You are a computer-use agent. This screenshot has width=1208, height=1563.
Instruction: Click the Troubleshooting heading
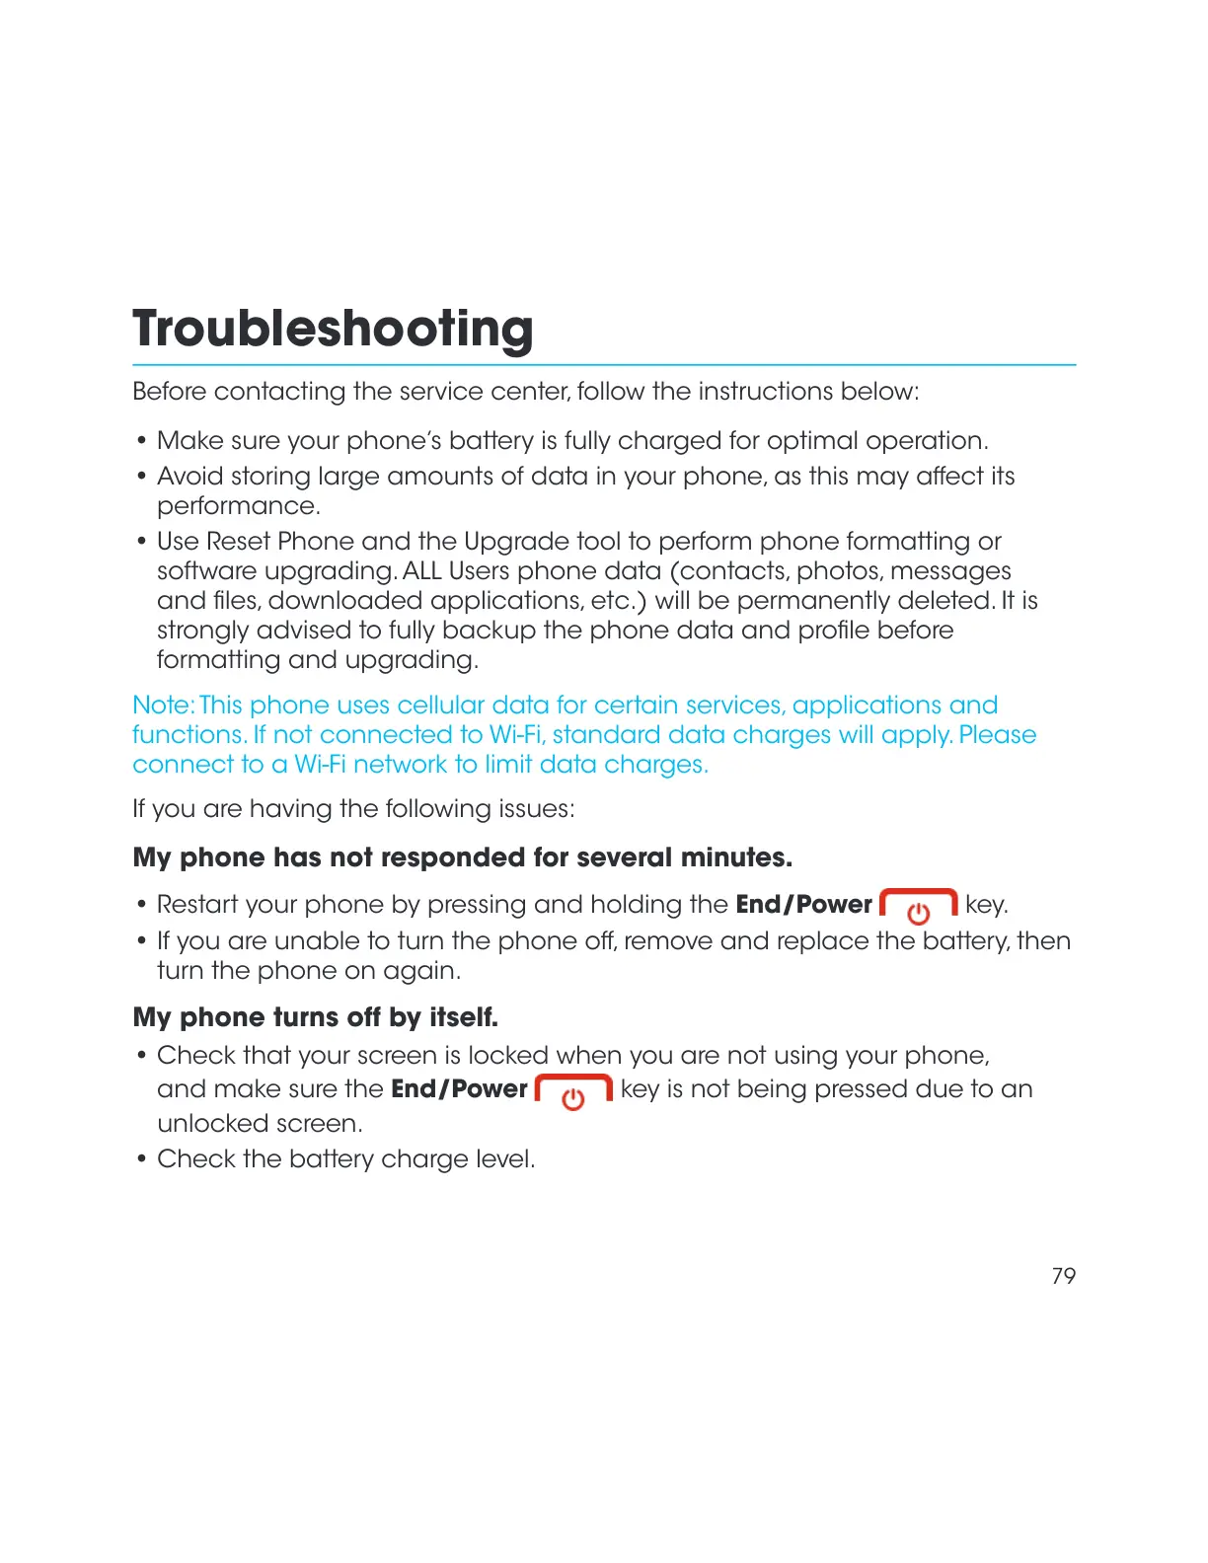coord(333,329)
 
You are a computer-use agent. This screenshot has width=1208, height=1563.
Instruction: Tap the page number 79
coord(1063,1276)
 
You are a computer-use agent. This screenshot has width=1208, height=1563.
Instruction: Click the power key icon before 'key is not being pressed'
coord(573,1091)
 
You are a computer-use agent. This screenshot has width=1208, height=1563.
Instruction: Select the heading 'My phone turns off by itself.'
coord(315,1017)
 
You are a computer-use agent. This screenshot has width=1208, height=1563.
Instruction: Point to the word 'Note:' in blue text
coord(163,706)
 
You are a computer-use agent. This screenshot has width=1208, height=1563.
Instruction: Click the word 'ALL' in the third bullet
coord(422,571)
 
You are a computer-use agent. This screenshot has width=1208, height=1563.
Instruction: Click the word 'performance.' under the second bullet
coord(239,506)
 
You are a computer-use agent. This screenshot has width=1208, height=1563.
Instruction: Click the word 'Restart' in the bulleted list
coord(197,905)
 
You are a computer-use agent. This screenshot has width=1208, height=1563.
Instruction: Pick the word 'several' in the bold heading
coord(624,857)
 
